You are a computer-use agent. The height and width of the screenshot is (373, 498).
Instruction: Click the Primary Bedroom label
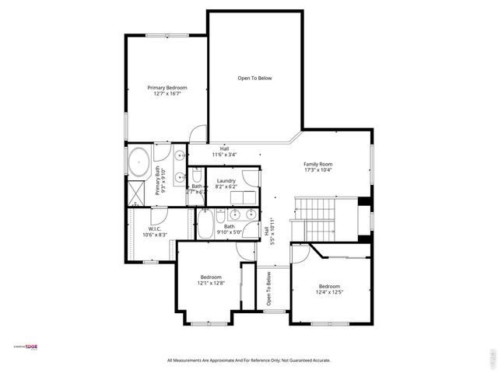(167, 88)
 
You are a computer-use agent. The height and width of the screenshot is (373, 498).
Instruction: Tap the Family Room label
(317, 164)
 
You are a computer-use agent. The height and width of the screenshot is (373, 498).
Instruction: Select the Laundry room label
(226, 181)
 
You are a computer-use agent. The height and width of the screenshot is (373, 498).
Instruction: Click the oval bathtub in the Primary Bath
(139, 161)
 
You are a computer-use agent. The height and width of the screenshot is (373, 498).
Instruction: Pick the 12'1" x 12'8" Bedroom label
(211, 277)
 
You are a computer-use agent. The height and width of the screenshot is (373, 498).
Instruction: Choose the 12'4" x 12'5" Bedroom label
(329, 286)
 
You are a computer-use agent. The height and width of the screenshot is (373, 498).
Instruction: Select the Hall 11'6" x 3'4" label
(224, 152)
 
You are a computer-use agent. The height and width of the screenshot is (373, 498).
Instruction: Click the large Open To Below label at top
(254, 78)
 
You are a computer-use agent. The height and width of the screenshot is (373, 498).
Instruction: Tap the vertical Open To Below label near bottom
(268, 288)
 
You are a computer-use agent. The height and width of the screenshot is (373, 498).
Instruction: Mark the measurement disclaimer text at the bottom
(249, 361)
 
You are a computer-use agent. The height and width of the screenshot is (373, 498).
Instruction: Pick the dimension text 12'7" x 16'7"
(167, 93)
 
